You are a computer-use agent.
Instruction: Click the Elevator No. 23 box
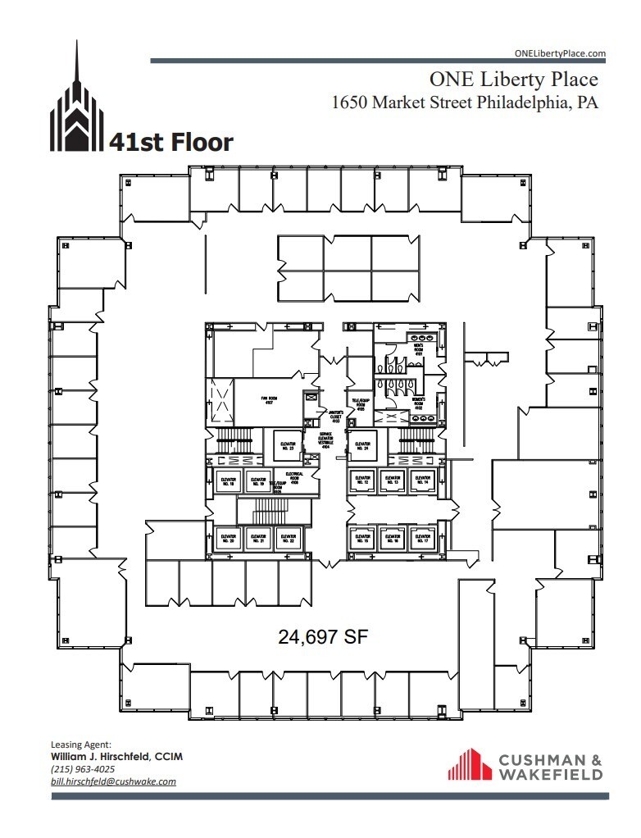(287, 444)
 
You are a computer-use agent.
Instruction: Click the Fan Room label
(266, 399)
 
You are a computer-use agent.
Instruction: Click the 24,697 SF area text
(320, 635)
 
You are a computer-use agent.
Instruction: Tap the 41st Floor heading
(170, 143)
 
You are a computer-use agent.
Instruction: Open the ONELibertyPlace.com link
(559, 53)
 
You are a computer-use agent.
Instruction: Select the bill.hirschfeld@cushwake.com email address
(113, 781)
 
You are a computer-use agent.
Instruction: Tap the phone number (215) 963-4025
(83, 769)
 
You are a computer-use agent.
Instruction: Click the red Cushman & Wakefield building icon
(469, 764)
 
